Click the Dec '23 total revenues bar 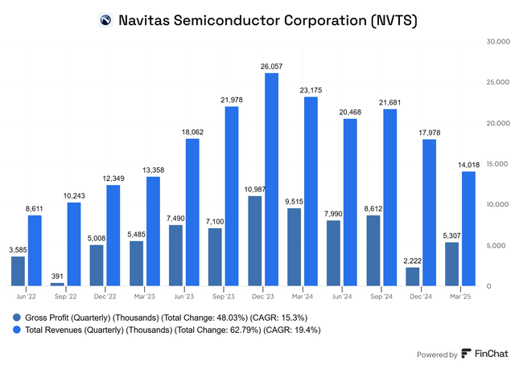click(272, 179)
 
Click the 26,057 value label click(271, 67)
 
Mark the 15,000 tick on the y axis click(494, 163)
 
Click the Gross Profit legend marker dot click(17, 317)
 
